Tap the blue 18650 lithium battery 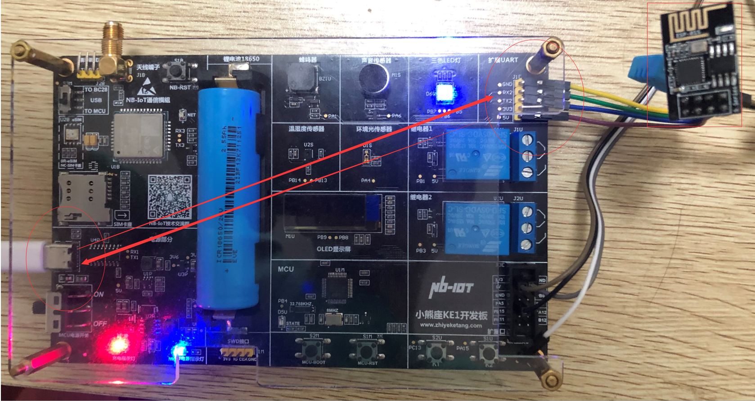click(x=229, y=198)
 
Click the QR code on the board click(x=170, y=197)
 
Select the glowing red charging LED click(x=117, y=345)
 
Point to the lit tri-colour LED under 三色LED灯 click(x=445, y=92)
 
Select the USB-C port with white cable click(x=58, y=256)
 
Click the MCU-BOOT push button click(x=314, y=349)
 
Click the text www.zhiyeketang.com click(x=450, y=325)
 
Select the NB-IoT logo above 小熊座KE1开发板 click(x=451, y=287)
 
